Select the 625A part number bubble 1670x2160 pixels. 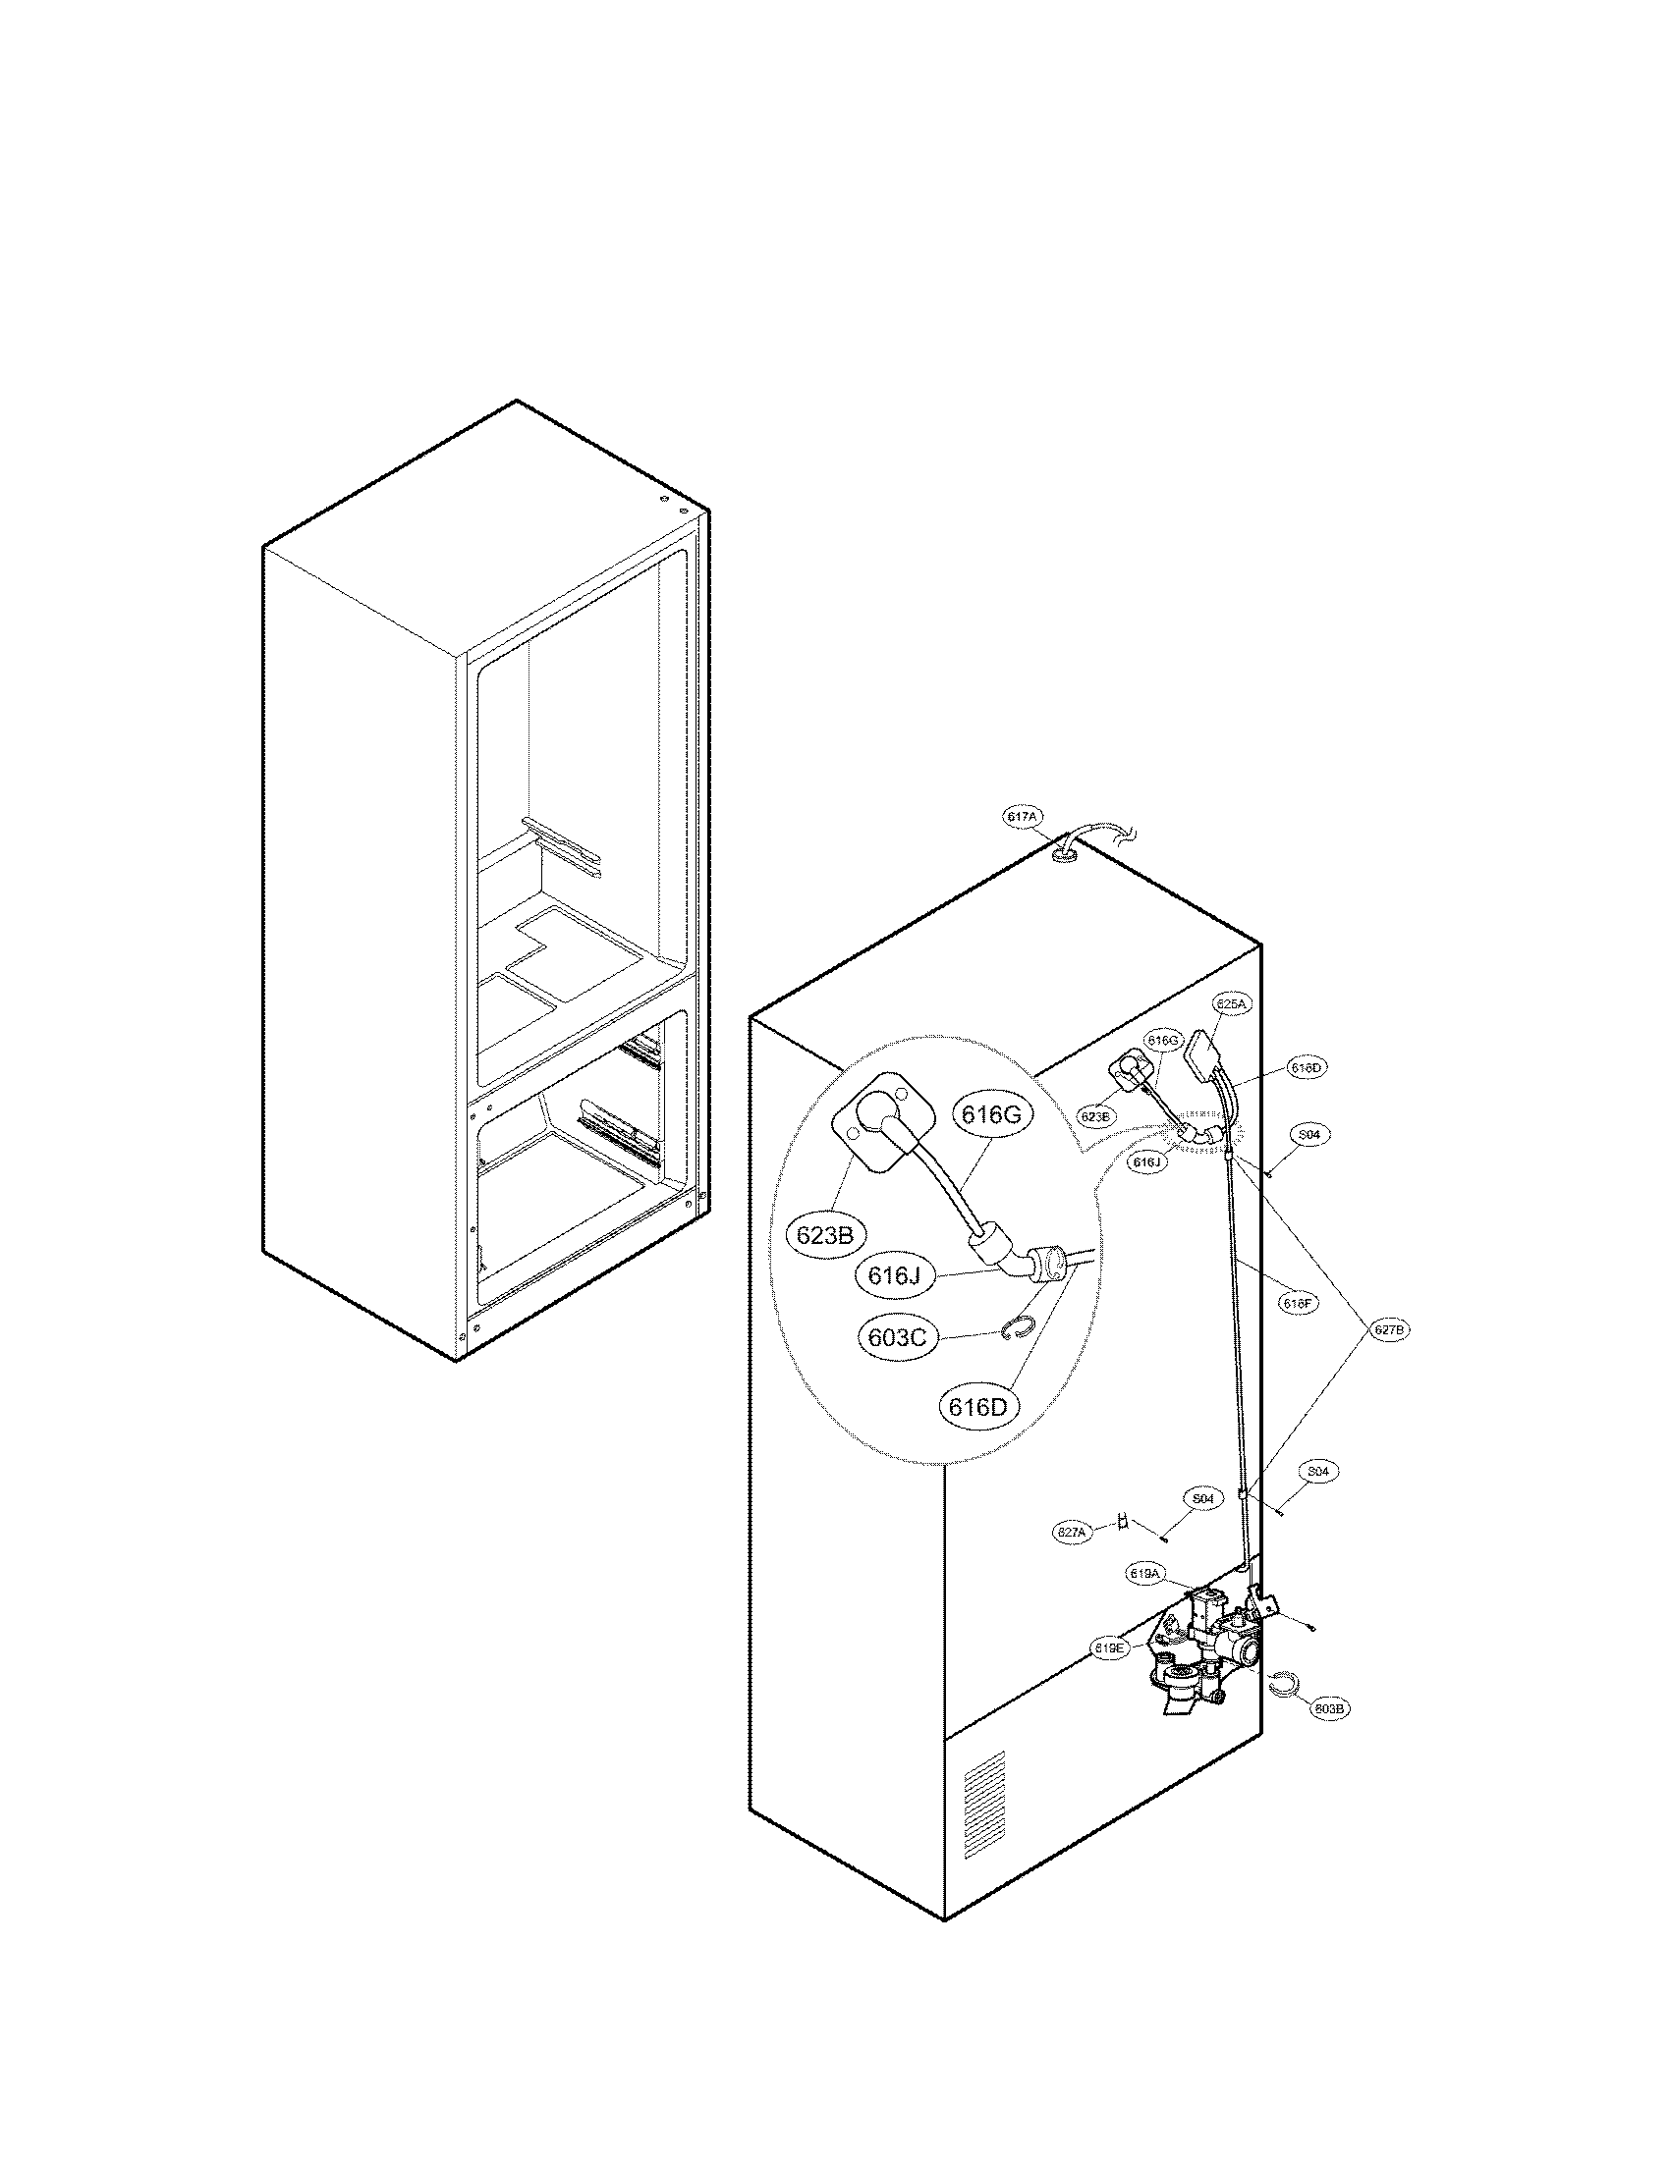tap(1232, 1003)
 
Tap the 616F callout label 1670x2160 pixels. tap(1297, 1304)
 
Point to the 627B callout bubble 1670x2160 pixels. tap(1389, 1330)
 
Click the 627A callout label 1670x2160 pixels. tap(1073, 1532)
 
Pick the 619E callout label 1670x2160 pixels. tap(1109, 1648)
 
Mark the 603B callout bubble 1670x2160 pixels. tap(1331, 1708)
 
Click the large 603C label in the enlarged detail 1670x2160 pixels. tap(897, 1337)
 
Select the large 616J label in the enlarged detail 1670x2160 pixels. tap(894, 1275)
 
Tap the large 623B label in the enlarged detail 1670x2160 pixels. tap(825, 1234)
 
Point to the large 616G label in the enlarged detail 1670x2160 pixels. tap(990, 1115)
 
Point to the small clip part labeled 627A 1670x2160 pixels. tap(1123, 1522)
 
